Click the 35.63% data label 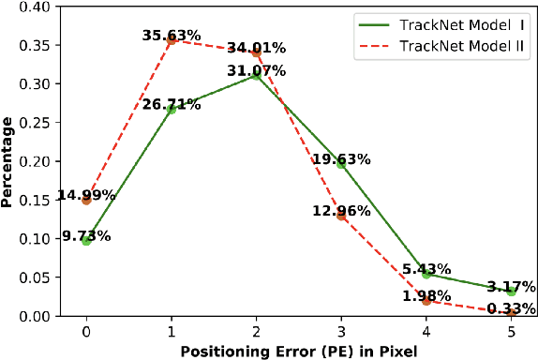pos(172,36)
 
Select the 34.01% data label pos(257,46)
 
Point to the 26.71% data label pos(172,104)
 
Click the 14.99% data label pos(86,195)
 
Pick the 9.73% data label pos(86,235)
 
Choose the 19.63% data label pos(341,159)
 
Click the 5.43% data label pos(426,268)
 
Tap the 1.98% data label pos(426,296)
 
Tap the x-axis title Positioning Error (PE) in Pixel pos(298,350)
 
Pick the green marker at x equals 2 pos(257,75)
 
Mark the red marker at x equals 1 pos(172,40)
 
